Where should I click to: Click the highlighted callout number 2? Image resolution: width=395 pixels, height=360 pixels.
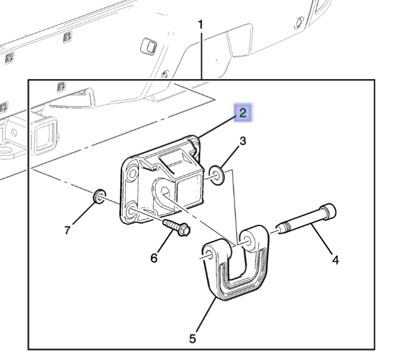[243, 113]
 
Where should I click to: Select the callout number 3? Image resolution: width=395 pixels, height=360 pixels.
[243, 141]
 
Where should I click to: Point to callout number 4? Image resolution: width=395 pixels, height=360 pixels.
[335, 260]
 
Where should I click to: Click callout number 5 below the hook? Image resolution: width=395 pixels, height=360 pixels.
[192, 338]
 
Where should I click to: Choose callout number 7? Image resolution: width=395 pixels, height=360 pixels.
[68, 230]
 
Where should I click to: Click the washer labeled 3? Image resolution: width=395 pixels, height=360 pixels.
[217, 174]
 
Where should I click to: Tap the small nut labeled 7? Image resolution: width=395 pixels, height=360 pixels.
[99, 196]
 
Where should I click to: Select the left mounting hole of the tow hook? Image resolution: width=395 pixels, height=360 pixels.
[207, 255]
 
